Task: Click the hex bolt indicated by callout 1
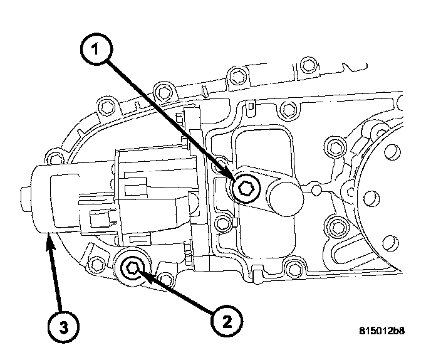(246, 189)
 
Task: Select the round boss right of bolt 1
(284, 194)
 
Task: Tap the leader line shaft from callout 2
(182, 295)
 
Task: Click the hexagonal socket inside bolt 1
(246, 189)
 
